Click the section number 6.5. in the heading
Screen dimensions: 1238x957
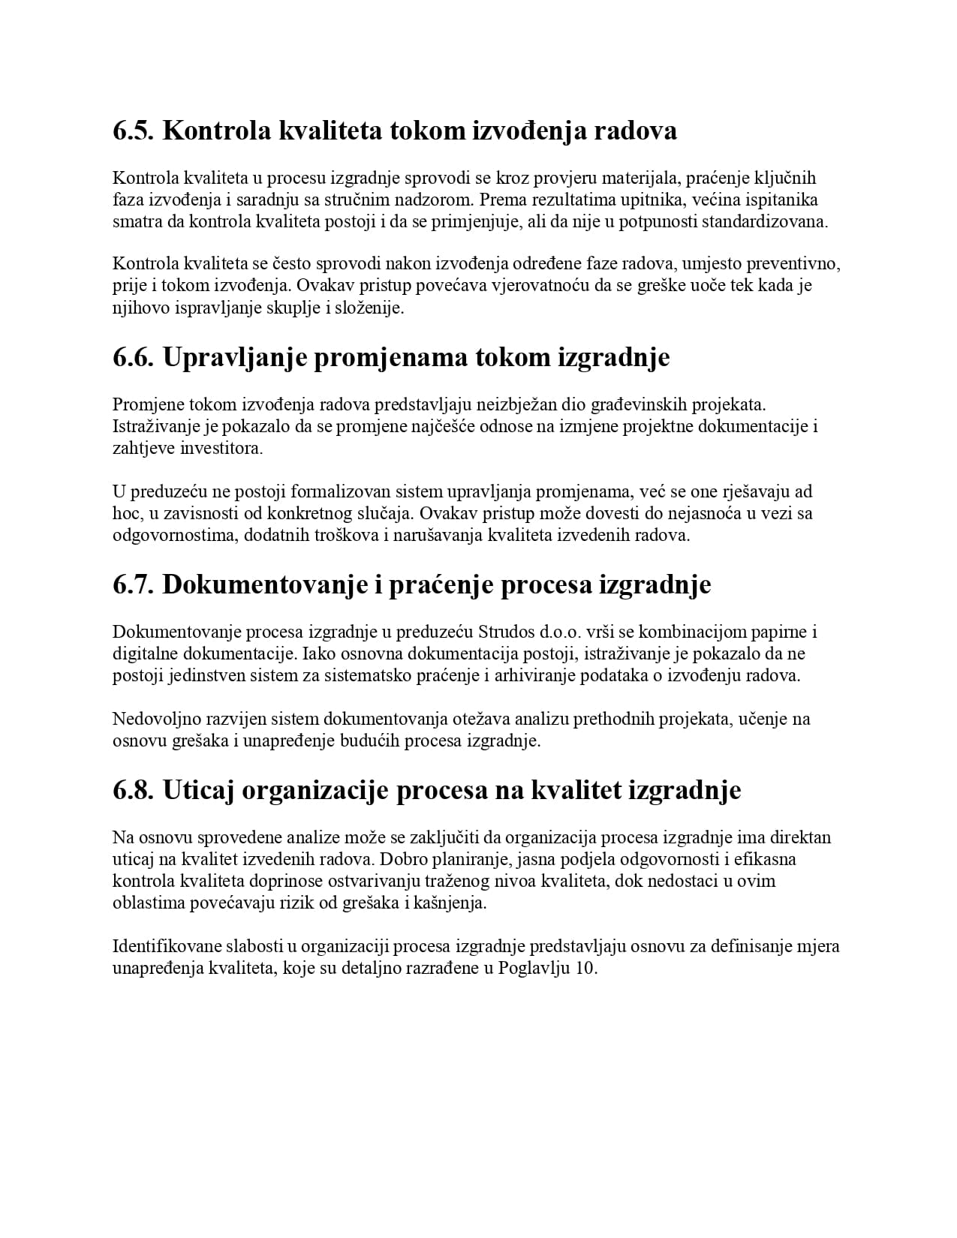pos(133,131)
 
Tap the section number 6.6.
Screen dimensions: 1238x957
pos(133,357)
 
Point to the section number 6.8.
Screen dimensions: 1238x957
pos(133,790)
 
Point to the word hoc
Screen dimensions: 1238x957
pos(125,514)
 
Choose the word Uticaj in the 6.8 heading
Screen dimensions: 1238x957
pos(197,790)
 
